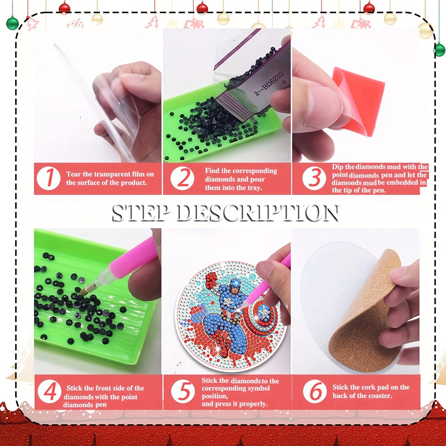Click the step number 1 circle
point(50,178)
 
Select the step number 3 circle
point(314,178)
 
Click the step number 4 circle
point(50,392)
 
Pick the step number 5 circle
point(183,392)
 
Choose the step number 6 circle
point(315,392)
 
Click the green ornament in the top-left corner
point(12,23)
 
